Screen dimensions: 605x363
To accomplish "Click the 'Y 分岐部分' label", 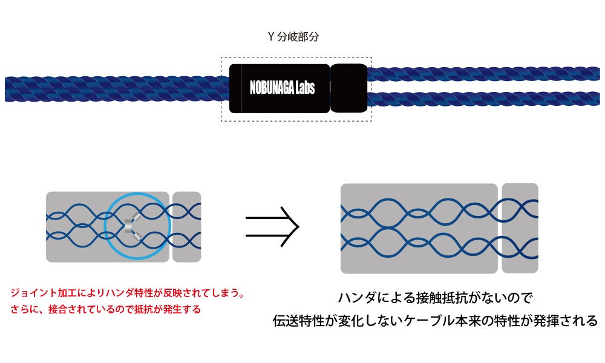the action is pyautogui.click(x=293, y=36).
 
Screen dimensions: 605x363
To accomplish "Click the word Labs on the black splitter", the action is pyautogui.click(x=305, y=88).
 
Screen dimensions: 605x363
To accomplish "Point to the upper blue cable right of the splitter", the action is pyautogui.click(x=484, y=74).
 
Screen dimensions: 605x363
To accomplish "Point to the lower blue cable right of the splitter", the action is pyautogui.click(x=484, y=99).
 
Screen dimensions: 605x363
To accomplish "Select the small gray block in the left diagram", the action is pyautogui.click(x=186, y=227).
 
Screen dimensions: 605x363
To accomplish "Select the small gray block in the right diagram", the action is pyautogui.click(x=520, y=228).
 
